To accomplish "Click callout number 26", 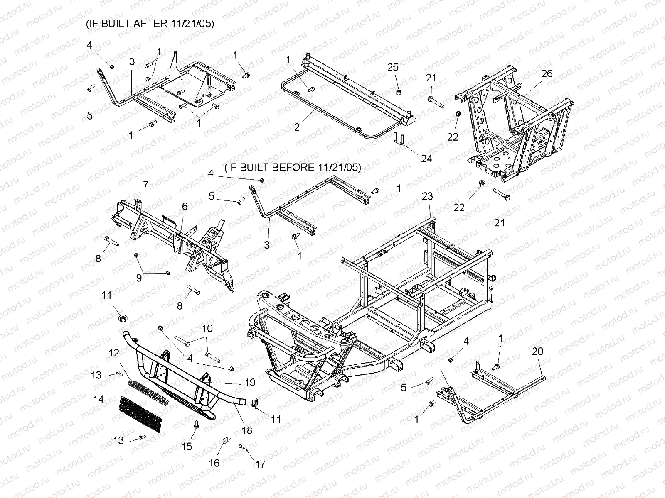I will pyautogui.click(x=547, y=73).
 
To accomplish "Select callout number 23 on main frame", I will pyautogui.click(x=427, y=196).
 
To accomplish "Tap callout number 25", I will pyautogui.click(x=393, y=67).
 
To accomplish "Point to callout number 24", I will pyautogui.click(x=426, y=159).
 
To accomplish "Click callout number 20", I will pyautogui.click(x=537, y=352).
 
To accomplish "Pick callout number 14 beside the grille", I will pyautogui.click(x=99, y=400).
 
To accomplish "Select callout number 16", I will pyautogui.click(x=214, y=462).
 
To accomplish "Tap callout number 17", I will pyautogui.click(x=260, y=464).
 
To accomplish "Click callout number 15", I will pyautogui.click(x=187, y=446).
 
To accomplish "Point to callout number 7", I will pyautogui.click(x=145, y=184).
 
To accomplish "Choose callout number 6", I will pyautogui.click(x=185, y=206).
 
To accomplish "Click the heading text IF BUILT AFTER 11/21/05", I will pyautogui.click(x=150, y=24).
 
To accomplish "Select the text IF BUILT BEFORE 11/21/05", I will pyautogui.click(x=292, y=167).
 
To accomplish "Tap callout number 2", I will pyautogui.click(x=297, y=127).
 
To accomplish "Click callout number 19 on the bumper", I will pyautogui.click(x=250, y=382).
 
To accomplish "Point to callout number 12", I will pyautogui.click(x=114, y=353).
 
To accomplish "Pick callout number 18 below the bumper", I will pyautogui.click(x=247, y=430).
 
